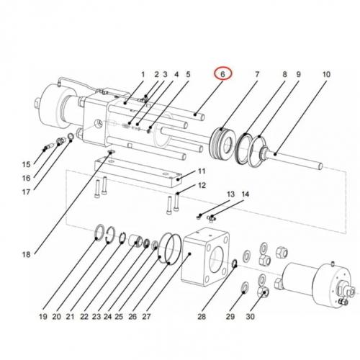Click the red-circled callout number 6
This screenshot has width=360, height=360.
[x=223, y=74]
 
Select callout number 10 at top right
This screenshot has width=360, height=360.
[x=325, y=74]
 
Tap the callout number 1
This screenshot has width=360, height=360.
[x=143, y=74]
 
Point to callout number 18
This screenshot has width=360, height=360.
[x=26, y=254]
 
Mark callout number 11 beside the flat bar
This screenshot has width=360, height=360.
[x=202, y=171]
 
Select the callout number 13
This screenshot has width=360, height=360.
[x=231, y=194]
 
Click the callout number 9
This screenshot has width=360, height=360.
[x=298, y=74]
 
